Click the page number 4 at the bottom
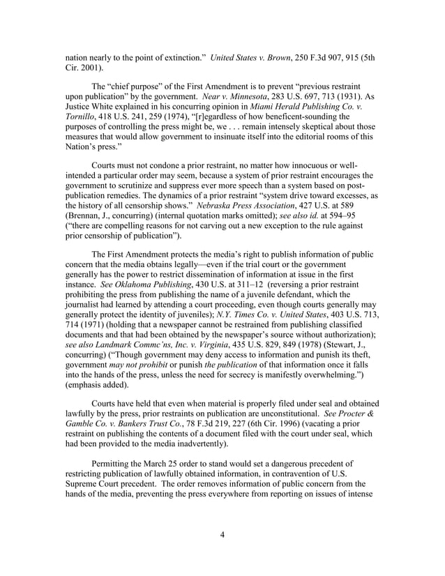point(222,536)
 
